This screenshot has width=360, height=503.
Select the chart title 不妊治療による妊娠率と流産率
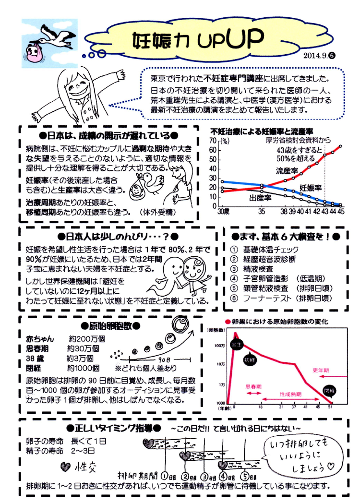click(x=262, y=131)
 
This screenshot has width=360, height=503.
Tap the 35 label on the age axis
click(x=262, y=211)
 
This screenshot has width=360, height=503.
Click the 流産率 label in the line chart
click(x=286, y=171)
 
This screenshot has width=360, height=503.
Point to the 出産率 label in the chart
click(x=260, y=197)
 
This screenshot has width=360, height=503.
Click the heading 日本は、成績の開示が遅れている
click(x=109, y=135)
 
